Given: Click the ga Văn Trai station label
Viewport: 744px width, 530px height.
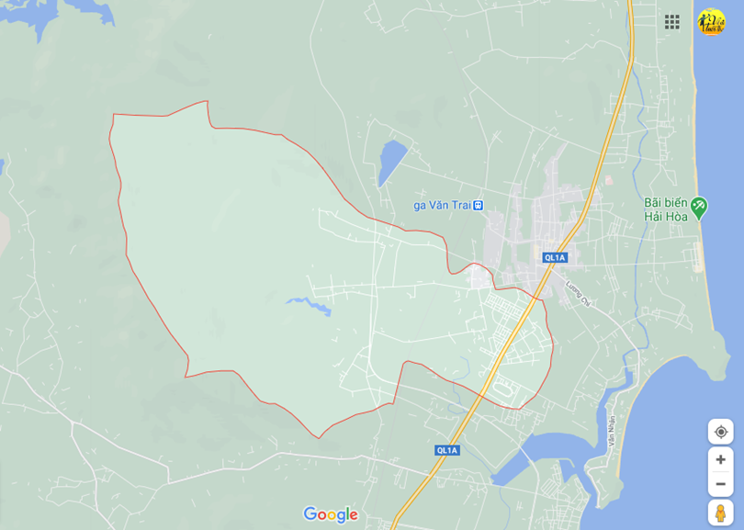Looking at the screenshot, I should pos(442,205).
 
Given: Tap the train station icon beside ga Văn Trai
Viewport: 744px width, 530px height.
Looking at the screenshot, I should pos(478,205).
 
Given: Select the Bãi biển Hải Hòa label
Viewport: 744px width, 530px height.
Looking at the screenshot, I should pos(665,209).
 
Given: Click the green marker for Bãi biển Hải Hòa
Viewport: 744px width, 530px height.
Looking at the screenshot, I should pos(699,207).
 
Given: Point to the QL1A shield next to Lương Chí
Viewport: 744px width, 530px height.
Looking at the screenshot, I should pos(555,257).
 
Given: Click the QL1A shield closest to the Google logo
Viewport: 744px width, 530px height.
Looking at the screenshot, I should pos(446,450).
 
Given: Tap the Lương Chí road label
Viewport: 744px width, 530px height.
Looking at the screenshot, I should pos(578,291).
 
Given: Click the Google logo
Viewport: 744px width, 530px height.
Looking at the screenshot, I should pos(330,514).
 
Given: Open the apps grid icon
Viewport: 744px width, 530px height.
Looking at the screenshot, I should pos(672,22).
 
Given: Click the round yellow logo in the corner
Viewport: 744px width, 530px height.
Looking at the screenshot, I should pos(711,22).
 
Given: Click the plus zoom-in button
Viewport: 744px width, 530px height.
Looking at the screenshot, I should pos(720,459).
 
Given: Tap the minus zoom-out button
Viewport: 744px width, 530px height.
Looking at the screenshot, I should pos(720,484).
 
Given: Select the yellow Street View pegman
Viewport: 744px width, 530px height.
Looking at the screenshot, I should pos(720,512).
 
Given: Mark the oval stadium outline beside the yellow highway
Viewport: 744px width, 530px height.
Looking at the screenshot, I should pos(503,390).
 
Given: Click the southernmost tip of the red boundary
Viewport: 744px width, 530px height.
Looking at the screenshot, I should pos(319,437).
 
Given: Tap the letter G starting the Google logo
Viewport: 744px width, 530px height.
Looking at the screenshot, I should pos(310,513).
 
